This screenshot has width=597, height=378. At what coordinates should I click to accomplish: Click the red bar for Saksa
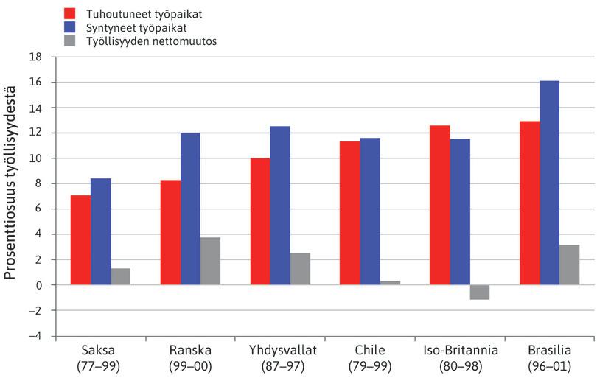click(80, 240)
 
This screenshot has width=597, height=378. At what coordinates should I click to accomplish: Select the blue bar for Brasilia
click(549, 183)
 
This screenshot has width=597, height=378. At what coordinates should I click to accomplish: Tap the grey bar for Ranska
click(210, 261)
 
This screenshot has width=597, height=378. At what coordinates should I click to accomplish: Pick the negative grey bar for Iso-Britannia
click(479, 292)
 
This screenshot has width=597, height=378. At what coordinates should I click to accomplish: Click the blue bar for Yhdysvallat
click(280, 206)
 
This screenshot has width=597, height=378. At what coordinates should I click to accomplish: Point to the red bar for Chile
click(349, 213)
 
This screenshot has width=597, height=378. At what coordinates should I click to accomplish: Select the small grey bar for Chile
click(390, 282)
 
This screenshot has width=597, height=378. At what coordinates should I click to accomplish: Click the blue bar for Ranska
click(190, 209)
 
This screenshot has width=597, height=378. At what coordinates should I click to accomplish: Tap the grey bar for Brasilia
click(569, 265)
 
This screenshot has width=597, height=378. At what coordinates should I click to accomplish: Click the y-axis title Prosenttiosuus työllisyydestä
click(12, 195)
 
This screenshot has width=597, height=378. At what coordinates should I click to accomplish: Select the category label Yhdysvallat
click(280, 351)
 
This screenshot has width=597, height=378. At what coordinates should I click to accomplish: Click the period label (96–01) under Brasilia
click(549, 365)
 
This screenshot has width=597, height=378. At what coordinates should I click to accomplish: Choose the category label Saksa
click(101, 351)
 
